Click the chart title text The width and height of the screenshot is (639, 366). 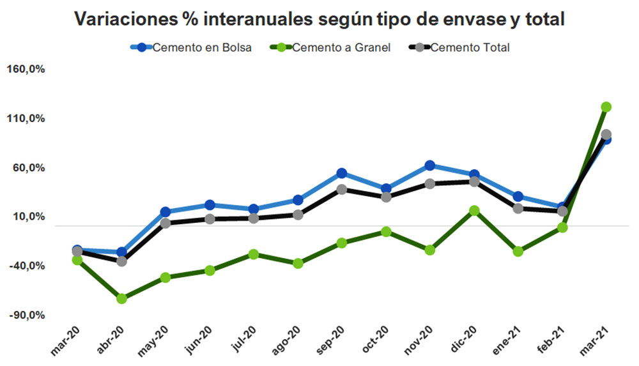tap(319, 19)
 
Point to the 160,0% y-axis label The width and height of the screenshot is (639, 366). tap(26, 70)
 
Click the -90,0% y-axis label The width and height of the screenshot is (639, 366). tap(26, 316)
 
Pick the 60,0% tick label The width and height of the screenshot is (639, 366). tap(28, 169)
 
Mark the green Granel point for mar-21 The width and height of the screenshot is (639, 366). tap(606, 107)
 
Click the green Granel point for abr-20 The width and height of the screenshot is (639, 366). tap(121, 298)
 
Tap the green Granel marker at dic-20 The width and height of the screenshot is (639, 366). tap(474, 210)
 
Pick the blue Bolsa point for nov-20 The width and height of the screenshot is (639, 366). tap(430, 165)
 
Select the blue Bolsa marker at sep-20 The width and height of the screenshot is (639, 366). tap(342, 173)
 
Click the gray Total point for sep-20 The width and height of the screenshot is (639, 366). tap(342, 189)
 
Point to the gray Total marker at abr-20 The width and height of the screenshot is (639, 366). tap(121, 261)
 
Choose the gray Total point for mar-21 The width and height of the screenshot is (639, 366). tap(606, 135)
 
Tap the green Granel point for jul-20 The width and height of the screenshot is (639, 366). tap(254, 254)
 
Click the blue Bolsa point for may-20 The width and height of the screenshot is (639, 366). tap(166, 212)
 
